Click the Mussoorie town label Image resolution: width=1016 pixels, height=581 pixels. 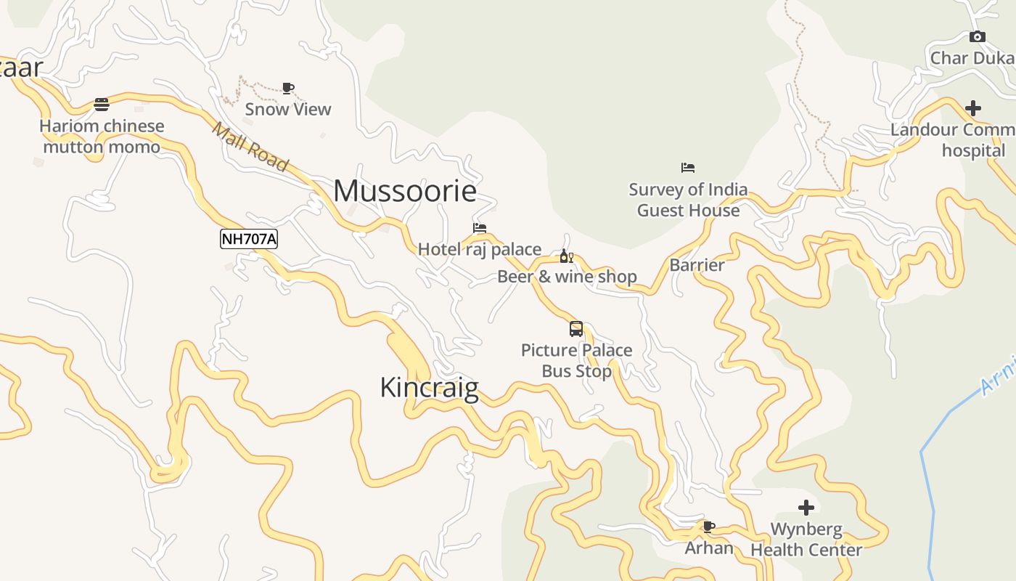coord(405,191)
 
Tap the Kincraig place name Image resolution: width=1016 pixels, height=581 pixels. coord(429,387)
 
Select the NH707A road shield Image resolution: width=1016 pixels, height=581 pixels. coord(249,238)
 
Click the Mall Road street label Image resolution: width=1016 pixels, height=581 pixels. coord(250,146)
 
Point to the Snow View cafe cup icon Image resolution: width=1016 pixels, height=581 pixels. coord(288,89)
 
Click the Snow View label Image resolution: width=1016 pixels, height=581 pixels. coord(288,109)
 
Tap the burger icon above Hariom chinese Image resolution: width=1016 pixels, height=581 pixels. coord(102,105)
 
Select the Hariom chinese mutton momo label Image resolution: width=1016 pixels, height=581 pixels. coord(102,136)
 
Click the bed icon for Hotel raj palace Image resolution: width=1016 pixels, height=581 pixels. coord(480,228)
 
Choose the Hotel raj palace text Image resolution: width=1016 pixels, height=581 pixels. coord(480,249)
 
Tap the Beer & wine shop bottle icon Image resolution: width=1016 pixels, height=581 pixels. coord(567,256)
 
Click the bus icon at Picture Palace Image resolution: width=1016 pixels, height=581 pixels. coord(576,329)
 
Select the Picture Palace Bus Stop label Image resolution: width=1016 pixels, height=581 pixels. coord(577,360)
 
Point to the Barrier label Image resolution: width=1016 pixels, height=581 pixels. coord(697,265)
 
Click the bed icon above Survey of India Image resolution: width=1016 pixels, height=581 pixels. coord(688,168)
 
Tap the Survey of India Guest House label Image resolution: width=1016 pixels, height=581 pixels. coord(688,200)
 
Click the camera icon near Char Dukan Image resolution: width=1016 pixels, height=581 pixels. coord(978,37)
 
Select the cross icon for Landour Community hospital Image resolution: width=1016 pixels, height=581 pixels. coord(973,108)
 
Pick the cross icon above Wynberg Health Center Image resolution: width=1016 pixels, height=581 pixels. coord(806,508)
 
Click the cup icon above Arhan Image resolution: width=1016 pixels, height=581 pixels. coord(709,527)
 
